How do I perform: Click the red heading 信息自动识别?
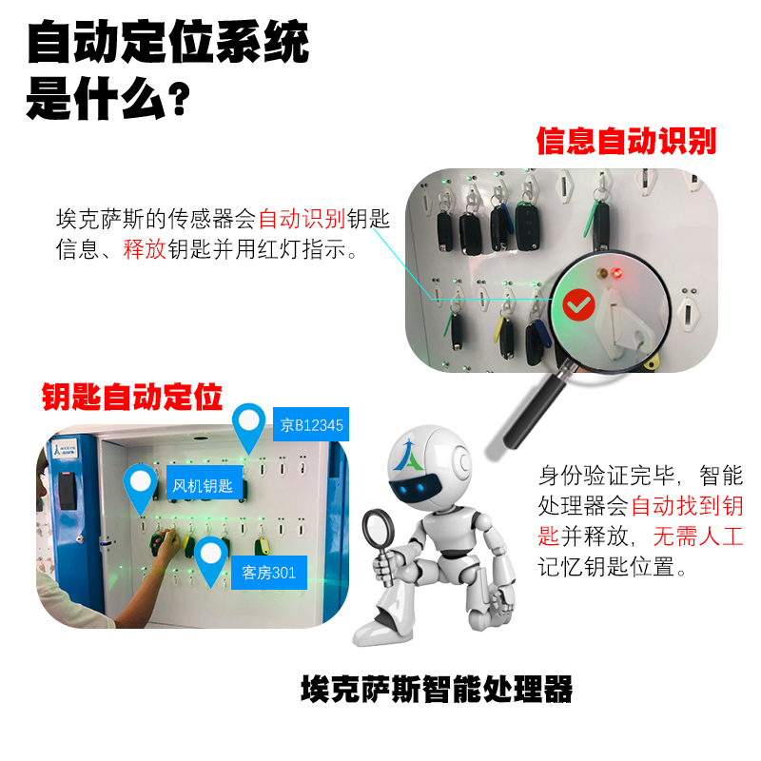[626, 141]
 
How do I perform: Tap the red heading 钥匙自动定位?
[132, 397]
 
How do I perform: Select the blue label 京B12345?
[311, 424]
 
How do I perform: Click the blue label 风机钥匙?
[205, 483]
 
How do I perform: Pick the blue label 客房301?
[269, 573]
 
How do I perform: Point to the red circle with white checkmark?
[579, 304]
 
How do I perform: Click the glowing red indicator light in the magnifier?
[616, 273]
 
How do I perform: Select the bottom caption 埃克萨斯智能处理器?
[437, 689]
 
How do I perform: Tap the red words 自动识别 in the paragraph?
[302, 219]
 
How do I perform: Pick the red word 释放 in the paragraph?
[145, 249]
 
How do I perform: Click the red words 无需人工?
[698, 537]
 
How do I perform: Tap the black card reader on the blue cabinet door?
[68, 490]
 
